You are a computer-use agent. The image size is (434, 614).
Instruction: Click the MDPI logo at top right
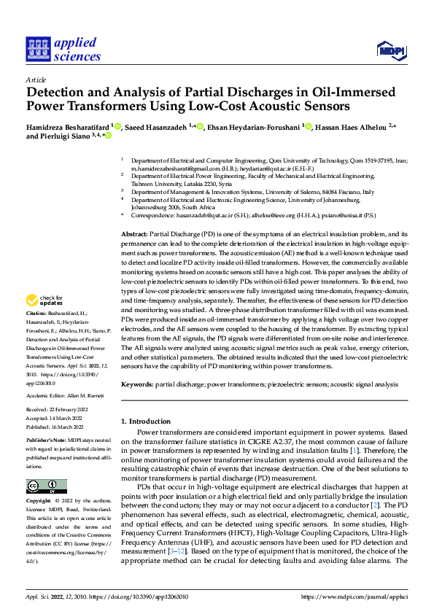391,50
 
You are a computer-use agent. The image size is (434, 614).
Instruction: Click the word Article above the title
36,79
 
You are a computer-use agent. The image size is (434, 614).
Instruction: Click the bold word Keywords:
137,384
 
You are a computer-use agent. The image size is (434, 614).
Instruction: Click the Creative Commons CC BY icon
46,486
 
